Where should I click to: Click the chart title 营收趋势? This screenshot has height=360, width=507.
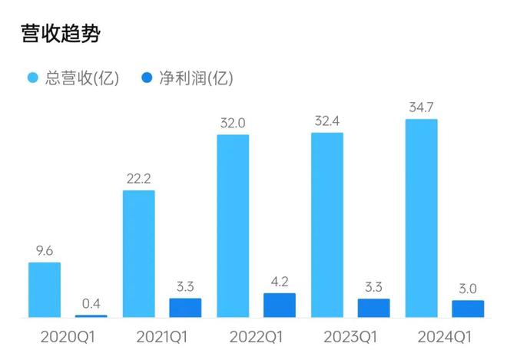pyautogui.click(x=61, y=33)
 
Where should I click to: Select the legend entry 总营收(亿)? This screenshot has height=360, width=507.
pyautogui.click(x=74, y=78)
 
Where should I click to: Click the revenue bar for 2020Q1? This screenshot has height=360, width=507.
pyautogui.click(x=45, y=289)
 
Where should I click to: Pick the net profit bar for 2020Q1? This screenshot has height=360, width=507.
pyautogui.click(x=91, y=315)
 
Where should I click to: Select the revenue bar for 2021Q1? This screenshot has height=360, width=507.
pyautogui.click(x=138, y=253)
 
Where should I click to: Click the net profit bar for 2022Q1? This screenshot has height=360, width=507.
pyautogui.click(x=280, y=305)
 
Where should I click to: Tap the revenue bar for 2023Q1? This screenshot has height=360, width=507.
pyautogui.click(x=326, y=225)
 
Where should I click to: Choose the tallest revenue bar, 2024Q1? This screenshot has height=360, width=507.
pyautogui.click(x=421, y=218)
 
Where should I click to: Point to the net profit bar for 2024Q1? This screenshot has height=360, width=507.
pyautogui.click(x=468, y=309)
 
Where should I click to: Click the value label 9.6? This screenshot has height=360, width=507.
pyautogui.click(x=44, y=250)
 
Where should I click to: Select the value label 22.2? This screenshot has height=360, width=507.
pyautogui.click(x=138, y=178)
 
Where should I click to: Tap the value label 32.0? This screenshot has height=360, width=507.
pyautogui.click(x=233, y=122)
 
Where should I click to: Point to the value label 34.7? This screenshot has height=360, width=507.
pyautogui.click(x=421, y=107)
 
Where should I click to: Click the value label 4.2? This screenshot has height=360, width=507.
pyautogui.click(x=280, y=281)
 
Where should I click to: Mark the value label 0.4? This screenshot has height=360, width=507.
pyautogui.click(x=91, y=302)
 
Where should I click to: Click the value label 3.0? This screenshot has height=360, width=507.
pyautogui.click(x=468, y=289)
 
